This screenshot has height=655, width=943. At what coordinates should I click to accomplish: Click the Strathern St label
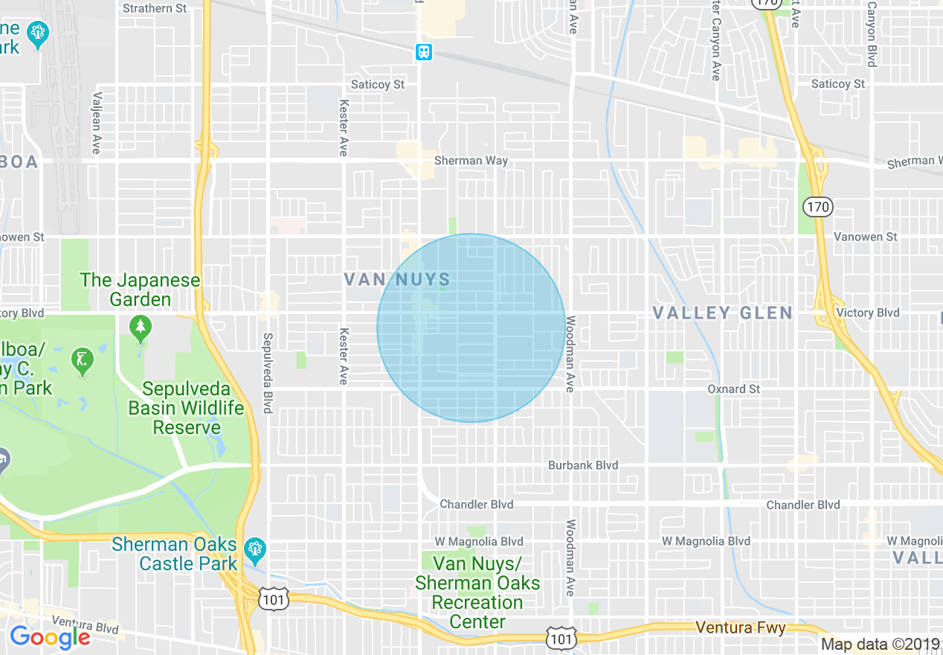click(155, 8)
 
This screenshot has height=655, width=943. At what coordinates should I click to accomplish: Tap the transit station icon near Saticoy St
click(423, 52)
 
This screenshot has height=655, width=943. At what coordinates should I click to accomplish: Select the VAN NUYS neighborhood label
click(397, 280)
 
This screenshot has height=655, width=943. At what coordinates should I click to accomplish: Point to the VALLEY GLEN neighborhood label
click(723, 313)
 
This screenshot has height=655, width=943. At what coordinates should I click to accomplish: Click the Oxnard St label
click(733, 389)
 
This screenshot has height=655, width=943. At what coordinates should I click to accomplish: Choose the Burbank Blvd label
click(583, 465)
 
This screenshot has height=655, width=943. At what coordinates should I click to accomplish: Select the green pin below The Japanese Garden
click(140, 327)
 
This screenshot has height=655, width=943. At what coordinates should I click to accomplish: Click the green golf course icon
click(83, 361)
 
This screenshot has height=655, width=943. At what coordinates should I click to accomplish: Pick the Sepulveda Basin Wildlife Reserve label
click(186, 409)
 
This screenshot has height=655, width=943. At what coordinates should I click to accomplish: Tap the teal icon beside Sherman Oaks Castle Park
click(254, 550)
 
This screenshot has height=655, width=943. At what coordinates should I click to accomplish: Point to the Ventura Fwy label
click(740, 628)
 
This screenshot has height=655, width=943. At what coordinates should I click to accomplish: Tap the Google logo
click(50, 637)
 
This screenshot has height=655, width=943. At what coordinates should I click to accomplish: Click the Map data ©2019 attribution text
click(880, 645)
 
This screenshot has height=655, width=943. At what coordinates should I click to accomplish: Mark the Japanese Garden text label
click(141, 290)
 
